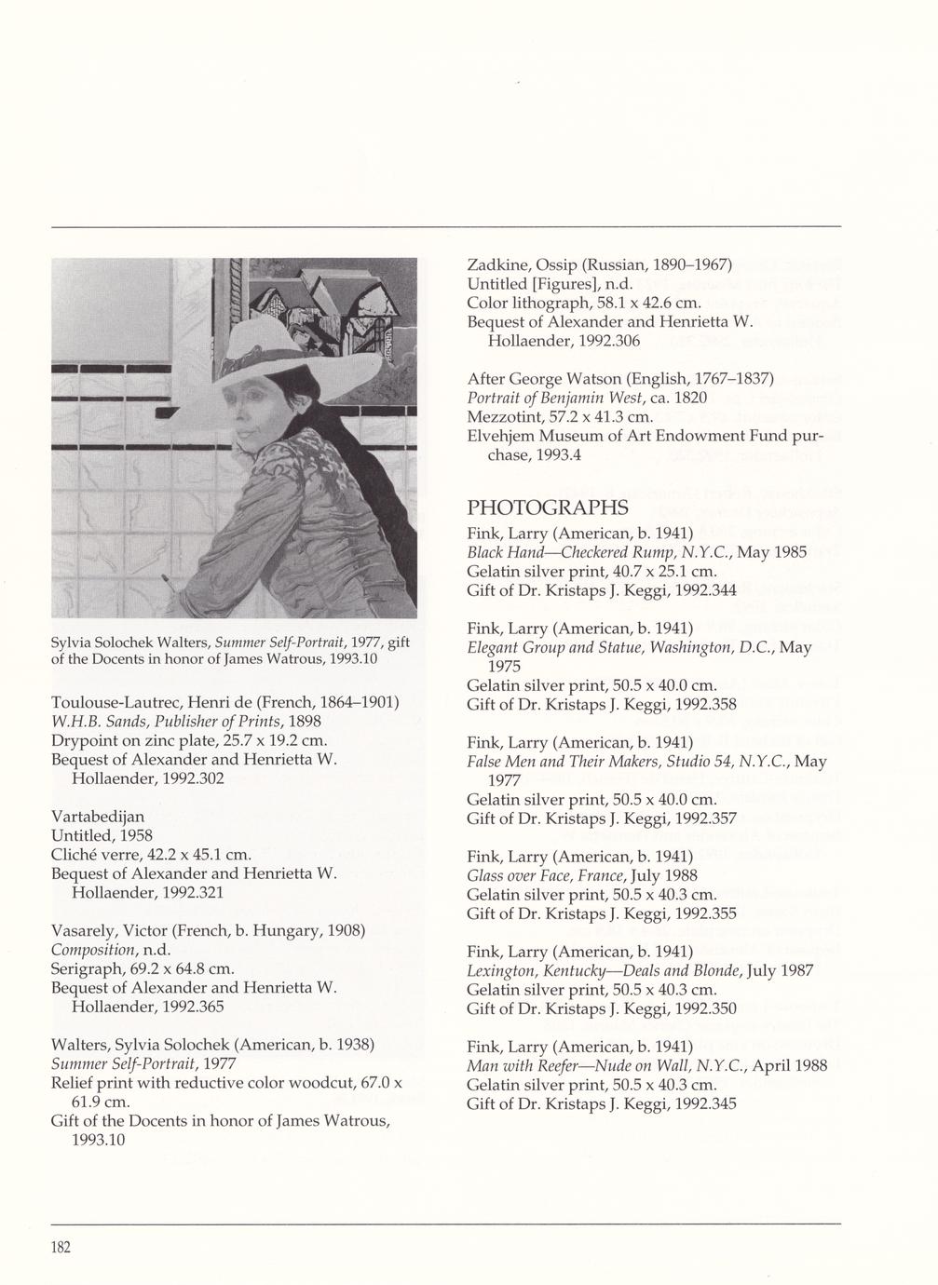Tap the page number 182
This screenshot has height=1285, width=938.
point(61,1248)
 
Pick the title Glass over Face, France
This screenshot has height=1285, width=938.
point(546,875)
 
